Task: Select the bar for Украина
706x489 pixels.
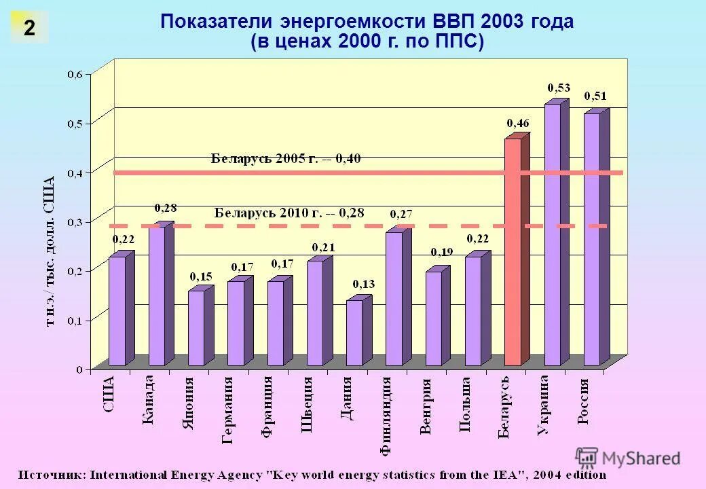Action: [x=553, y=234]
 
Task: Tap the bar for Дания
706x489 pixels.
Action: [x=354, y=332]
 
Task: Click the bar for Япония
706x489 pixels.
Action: [x=196, y=327]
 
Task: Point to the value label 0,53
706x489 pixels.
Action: [x=559, y=88]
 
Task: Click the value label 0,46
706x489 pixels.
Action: [x=518, y=123]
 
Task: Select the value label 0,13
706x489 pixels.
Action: [x=363, y=283]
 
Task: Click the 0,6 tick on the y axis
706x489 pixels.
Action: [x=74, y=74]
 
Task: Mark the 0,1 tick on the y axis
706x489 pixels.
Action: [x=74, y=319]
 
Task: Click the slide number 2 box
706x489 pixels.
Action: [x=29, y=28]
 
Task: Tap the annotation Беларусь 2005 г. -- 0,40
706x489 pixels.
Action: [x=286, y=159]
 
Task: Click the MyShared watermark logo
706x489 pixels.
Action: [x=628, y=458]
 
